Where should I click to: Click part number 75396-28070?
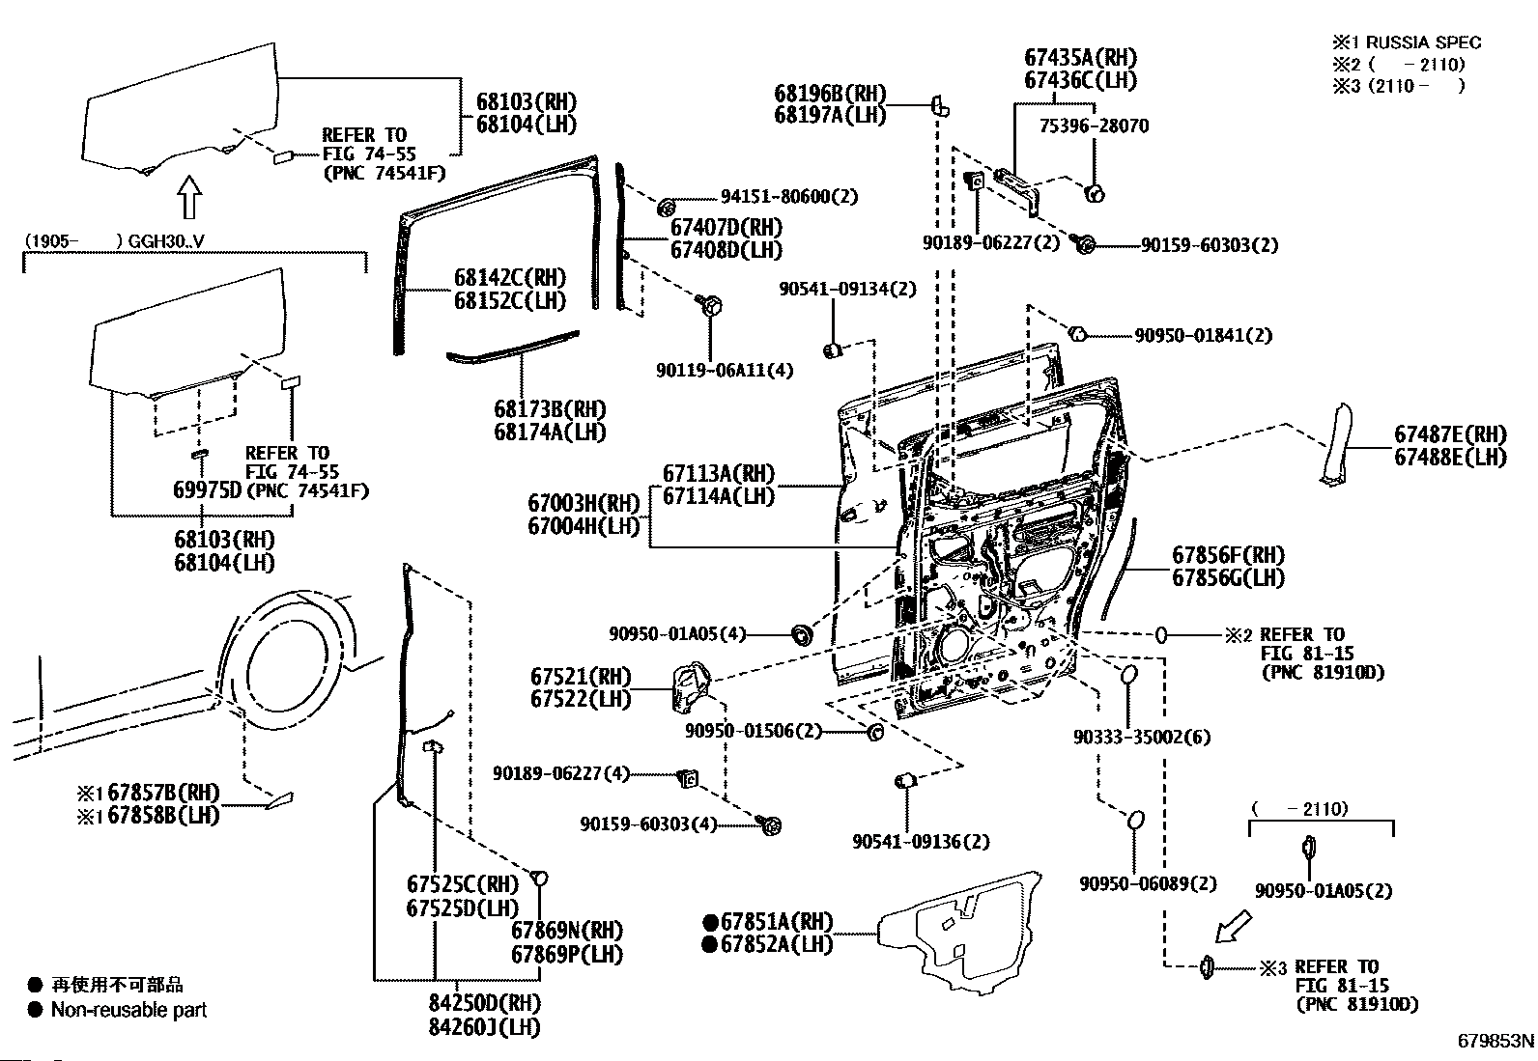1094,126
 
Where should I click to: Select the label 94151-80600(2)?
789,196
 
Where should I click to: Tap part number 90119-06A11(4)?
725,371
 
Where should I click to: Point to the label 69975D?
208,490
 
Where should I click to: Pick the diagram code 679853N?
1495,1041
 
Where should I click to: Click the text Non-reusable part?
129,1010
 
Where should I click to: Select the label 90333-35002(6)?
1142,737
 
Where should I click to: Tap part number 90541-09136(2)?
922,842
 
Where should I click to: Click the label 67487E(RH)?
1450,434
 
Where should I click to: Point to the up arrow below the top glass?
189,197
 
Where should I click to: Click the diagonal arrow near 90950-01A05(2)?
1233,927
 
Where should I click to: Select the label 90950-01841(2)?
1203,336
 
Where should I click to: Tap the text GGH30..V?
166,241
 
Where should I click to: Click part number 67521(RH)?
581,677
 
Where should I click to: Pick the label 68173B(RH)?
550,409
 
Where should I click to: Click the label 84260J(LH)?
484,1027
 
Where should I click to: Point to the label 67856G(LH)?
1228,578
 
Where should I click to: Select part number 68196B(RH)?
830,94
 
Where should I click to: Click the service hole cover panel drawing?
961,930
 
